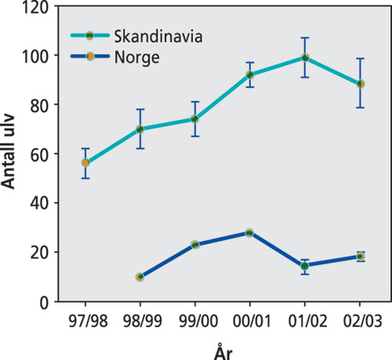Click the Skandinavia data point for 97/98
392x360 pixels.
point(85,163)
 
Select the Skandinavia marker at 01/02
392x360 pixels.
point(305,57)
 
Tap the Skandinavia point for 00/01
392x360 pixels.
point(250,75)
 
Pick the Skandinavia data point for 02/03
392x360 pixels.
point(360,84)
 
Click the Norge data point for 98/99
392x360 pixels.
point(140,277)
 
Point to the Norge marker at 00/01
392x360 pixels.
point(250,233)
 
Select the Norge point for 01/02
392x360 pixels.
point(305,266)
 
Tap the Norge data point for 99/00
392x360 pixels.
point(195,245)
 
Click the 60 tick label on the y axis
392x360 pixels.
point(40,154)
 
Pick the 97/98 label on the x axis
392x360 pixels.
point(85,322)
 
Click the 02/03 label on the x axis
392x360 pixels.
point(360,322)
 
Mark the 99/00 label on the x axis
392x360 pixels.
point(195,322)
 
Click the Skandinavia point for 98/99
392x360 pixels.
point(140,129)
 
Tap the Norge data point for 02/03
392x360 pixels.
point(360,256)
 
